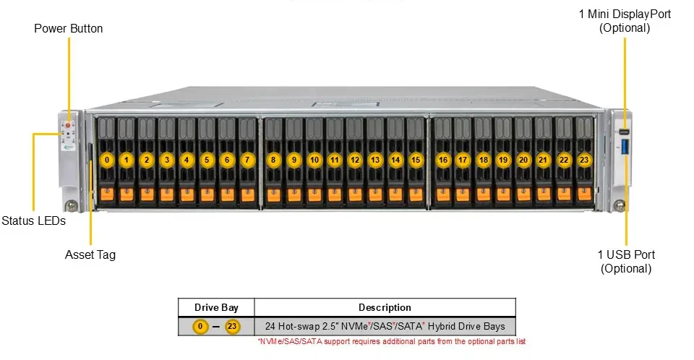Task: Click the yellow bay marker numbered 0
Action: [x=107, y=160]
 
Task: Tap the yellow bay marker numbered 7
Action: [x=247, y=160]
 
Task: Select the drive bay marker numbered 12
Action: [x=355, y=160]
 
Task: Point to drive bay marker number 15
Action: [x=416, y=160]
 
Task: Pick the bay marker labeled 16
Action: [x=443, y=160]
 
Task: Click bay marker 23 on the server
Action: [x=584, y=160]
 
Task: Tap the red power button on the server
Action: [x=68, y=126]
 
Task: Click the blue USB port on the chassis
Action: [x=625, y=147]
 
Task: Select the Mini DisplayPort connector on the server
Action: [x=624, y=132]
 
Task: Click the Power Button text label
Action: [x=69, y=28]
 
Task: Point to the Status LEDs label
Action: [x=34, y=220]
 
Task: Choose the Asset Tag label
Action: [x=90, y=254]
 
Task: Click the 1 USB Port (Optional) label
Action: [x=626, y=261]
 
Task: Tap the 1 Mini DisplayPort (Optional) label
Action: [x=625, y=21]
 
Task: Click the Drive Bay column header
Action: [x=216, y=307]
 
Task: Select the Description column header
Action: [x=385, y=307]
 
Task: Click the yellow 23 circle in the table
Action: [x=232, y=327]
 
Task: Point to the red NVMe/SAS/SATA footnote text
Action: [x=392, y=341]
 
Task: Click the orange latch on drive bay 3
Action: [x=167, y=194]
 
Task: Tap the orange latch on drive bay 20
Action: [x=523, y=194]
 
